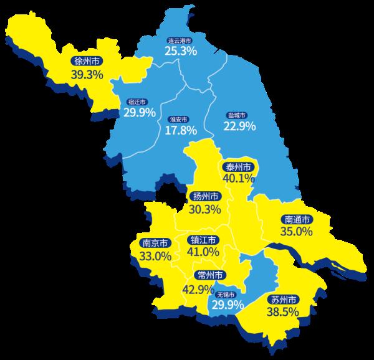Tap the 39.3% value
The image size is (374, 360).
click(x=87, y=74)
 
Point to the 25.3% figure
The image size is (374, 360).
click(x=181, y=50)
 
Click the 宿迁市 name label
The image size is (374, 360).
click(x=137, y=102)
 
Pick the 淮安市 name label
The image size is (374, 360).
click(x=178, y=119)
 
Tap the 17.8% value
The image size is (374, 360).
click(x=181, y=130)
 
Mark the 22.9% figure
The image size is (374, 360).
click(x=240, y=126)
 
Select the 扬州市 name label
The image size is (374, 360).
click(x=206, y=197)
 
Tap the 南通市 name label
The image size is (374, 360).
click(x=297, y=219)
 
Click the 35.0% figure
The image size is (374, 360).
click(x=296, y=232)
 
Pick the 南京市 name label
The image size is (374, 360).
click(x=155, y=244)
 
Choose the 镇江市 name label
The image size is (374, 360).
click(x=203, y=240)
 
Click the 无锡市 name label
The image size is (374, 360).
click(x=225, y=295)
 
